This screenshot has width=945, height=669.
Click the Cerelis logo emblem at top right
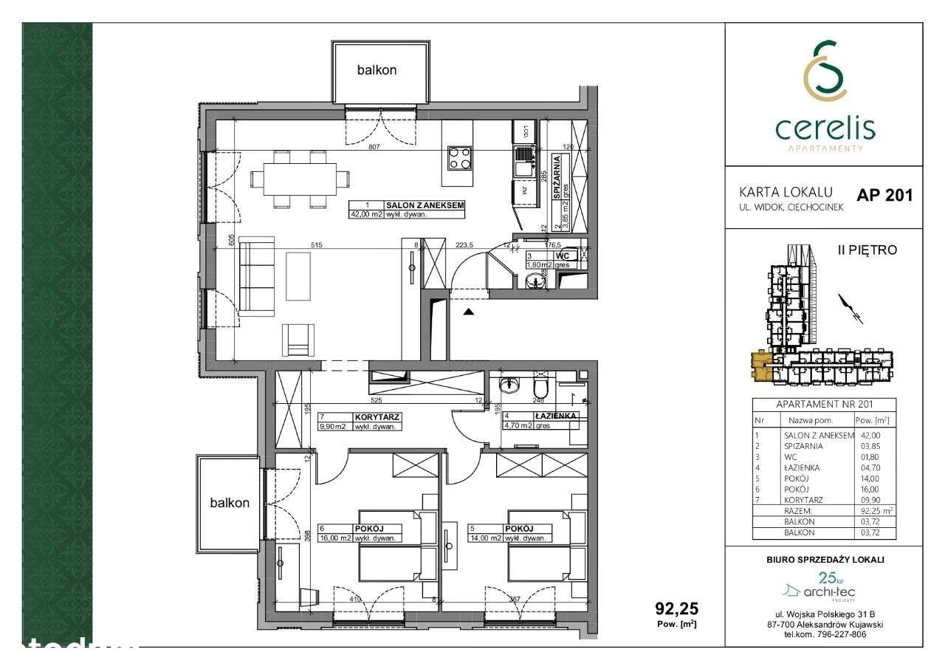click(825, 72)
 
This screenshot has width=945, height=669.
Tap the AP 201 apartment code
click(884, 196)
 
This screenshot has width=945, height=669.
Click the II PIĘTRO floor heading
click(867, 250)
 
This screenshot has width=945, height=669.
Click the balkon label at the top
click(377, 71)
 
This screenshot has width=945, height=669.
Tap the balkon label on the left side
click(229, 503)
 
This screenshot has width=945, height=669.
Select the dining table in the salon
click(300, 179)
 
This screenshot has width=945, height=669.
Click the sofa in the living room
click(256, 275)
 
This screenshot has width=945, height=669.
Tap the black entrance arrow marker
click(468, 312)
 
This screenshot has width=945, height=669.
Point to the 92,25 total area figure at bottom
click(676, 609)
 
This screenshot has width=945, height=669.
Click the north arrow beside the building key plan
click(850, 309)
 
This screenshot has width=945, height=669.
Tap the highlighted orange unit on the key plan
click(760, 365)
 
